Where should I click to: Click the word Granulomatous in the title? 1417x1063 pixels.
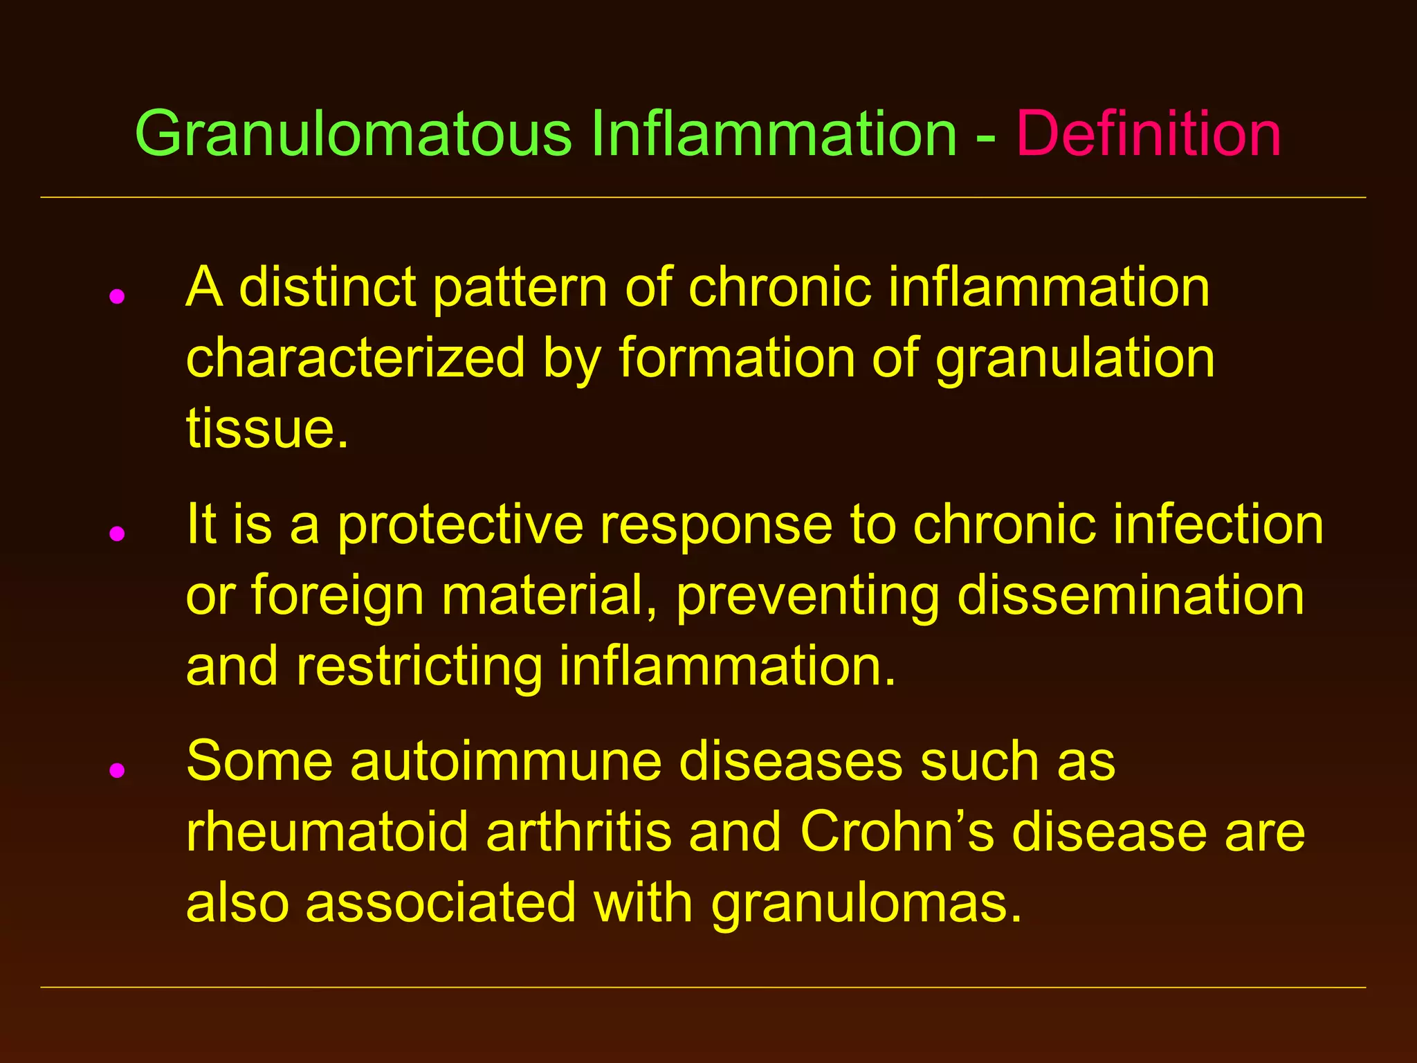(353, 134)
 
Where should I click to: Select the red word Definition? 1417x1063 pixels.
(1148, 134)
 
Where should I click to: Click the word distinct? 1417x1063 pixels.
(327, 287)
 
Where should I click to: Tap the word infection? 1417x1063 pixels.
(1218, 525)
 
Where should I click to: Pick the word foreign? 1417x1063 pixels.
(338, 597)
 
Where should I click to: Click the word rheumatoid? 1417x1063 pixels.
(328, 833)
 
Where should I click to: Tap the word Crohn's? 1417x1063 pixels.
(897, 833)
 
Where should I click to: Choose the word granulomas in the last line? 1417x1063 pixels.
(866, 904)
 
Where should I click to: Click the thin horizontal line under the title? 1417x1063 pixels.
(703, 198)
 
